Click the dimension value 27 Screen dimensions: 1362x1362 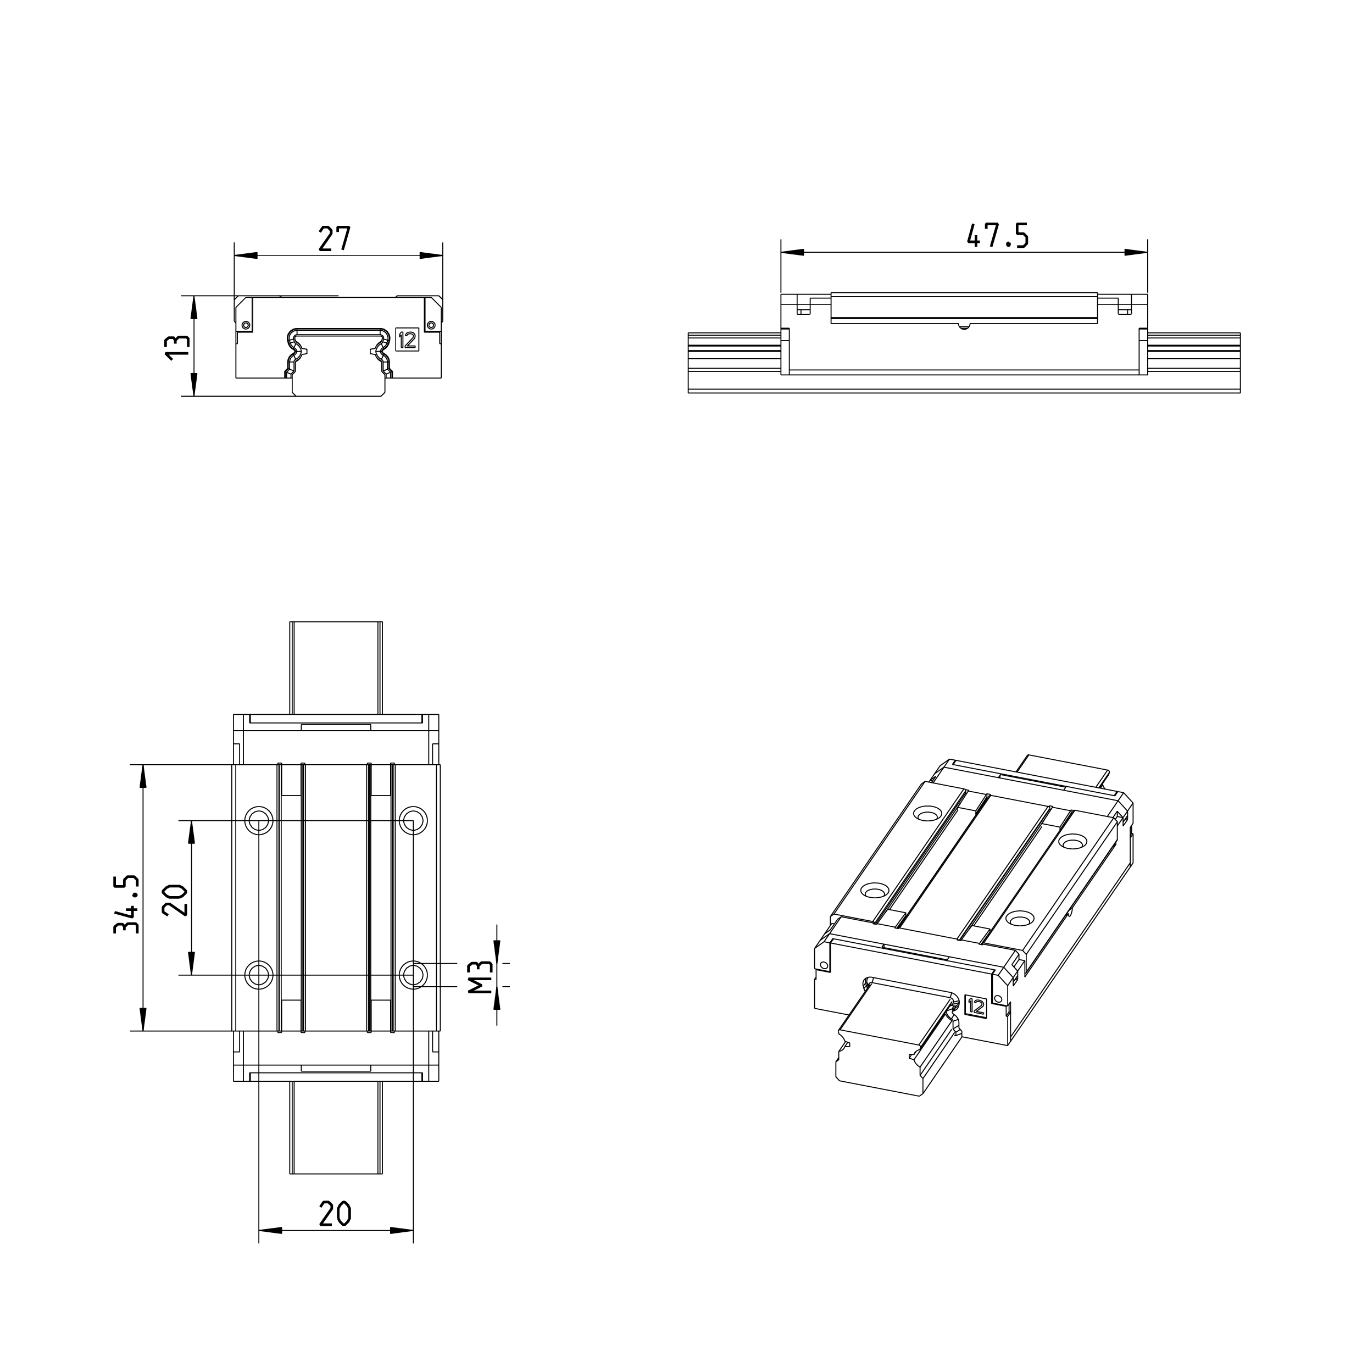(x=334, y=240)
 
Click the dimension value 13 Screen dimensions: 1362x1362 (x=177, y=347)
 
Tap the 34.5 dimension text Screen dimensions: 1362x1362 (x=127, y=904)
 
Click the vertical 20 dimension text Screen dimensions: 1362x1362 (x=175, y=899)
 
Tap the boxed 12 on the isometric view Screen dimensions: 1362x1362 (x=976, y=1007)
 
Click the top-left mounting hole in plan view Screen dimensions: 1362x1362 (x=259, y=820)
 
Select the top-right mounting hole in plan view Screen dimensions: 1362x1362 (x=413, y=820)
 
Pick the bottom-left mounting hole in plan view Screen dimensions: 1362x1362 (x=259, y=975)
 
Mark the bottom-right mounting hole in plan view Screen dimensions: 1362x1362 (x=413, y=975)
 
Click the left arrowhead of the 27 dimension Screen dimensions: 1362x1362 (x=244, y=255)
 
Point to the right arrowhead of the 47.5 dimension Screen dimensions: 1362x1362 (x=1136, y=252)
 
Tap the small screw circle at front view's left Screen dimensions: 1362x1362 (x=246, y=325)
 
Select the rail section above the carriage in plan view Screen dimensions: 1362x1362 (x=336, y=666)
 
